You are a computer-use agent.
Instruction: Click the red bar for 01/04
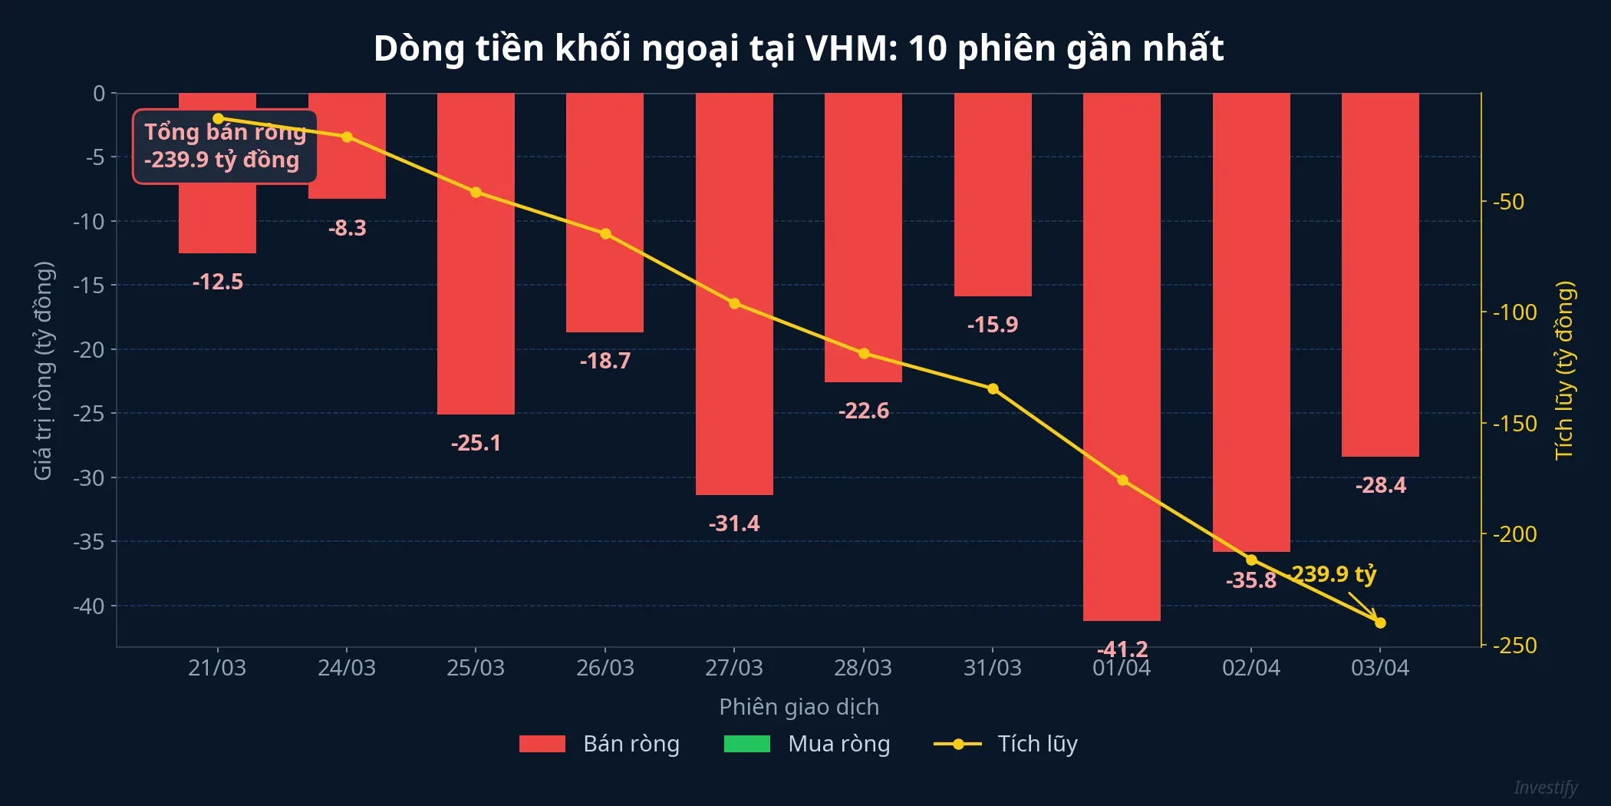tap(1122, 357)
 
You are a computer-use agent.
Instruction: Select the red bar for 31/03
tap(993, 195)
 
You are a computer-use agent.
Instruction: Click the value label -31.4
tap(734, 524)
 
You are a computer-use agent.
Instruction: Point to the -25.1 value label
tap(476, 443)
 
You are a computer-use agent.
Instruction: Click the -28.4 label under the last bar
tap(1380, 485)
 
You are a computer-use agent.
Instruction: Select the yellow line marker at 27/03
tap(734, 304)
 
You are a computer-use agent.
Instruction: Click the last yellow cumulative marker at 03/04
tap(1380, 623)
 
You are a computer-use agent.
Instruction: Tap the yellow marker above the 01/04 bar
tap(1122, 481)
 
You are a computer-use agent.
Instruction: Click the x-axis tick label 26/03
tap(605, 668)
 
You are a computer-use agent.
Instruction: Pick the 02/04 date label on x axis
tap(1251, 668)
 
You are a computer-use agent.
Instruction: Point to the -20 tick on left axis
tap(89, 349)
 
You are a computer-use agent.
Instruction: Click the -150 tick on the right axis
tap(1514, 423)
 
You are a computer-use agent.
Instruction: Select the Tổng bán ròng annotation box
tap(225, 147)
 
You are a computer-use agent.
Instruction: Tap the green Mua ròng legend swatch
tap(746, 744)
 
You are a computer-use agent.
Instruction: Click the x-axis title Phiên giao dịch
tap(799, 706)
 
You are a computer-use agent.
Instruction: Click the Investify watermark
tap(1545, 788)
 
